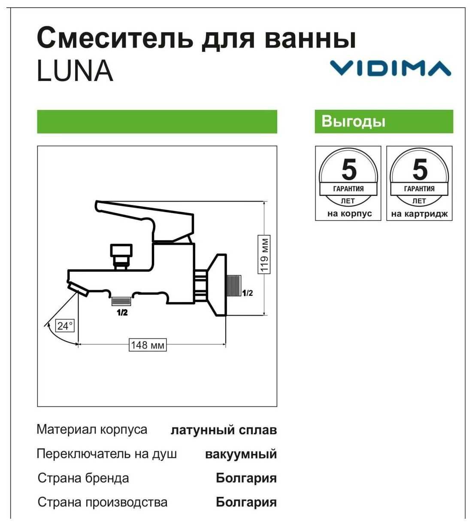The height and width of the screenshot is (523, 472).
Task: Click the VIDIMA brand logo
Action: pos(390,68)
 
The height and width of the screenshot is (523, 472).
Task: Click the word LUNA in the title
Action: pos(75,71)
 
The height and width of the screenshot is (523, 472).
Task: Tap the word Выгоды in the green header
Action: pos(353,121)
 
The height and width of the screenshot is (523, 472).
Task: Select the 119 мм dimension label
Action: pos(264,254)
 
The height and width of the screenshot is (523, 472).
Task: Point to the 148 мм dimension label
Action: pos(148,345)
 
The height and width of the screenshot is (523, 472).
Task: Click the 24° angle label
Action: pos(65,326)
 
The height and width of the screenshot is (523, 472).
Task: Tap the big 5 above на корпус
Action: pos(349,169)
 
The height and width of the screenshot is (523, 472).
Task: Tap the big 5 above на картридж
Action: pos(420,169)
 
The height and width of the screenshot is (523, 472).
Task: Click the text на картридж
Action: pos(419,214)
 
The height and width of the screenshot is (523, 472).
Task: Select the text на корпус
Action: pos(350,214)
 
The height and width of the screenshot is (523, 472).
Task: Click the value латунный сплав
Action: pos(224,430)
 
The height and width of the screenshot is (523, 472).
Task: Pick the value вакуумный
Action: pos(241,454)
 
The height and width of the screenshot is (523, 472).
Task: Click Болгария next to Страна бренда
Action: pos(246,478)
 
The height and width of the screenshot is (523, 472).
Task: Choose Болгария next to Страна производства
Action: pos(246,502)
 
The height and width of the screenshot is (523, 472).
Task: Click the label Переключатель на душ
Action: pos(107,454)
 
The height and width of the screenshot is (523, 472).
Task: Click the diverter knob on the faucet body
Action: pos(121,256)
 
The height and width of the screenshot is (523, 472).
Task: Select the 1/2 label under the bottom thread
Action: pos(122,313)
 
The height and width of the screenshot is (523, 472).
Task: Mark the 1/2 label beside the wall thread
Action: pos(248,293)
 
